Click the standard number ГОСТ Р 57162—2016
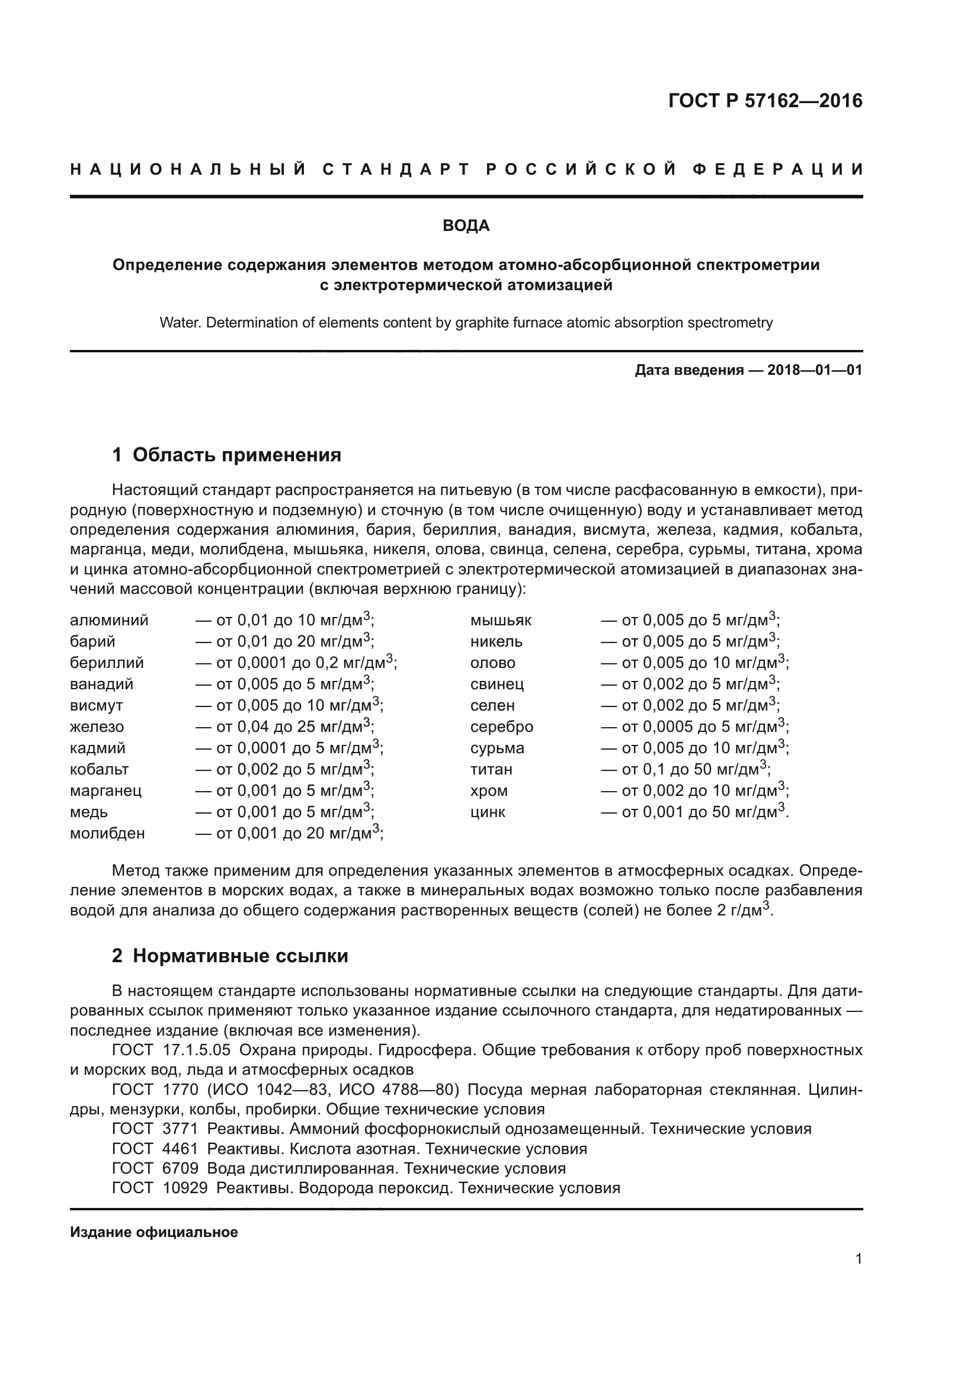point(765,101)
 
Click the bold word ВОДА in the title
point(466,226)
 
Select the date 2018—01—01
point(815,370)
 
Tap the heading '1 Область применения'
point(226,455)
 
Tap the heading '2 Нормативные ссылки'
point(230,956)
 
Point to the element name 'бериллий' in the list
point(107,663)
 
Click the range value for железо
point(284,727)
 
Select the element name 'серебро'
point(501,727)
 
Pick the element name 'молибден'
point(107,833)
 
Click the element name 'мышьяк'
point(501,621)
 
